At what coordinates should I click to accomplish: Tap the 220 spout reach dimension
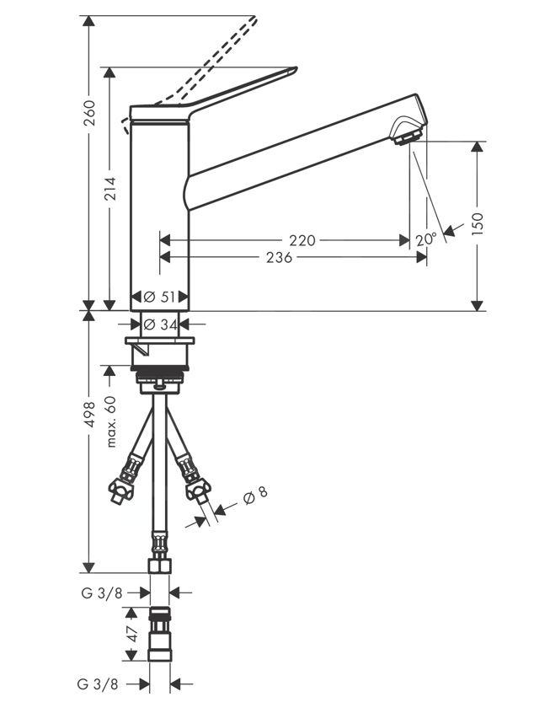coord(302,240)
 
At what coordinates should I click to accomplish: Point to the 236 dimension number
coord(279,258)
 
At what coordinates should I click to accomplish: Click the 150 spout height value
coord(478,226)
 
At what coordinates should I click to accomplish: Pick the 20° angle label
coord(426,239)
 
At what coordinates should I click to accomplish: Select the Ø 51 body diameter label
coord(159,297)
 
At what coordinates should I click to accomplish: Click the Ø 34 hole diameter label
coord(159,323)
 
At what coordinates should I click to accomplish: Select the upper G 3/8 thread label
coord(102,592)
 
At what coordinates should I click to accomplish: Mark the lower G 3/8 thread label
coord(102,684)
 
